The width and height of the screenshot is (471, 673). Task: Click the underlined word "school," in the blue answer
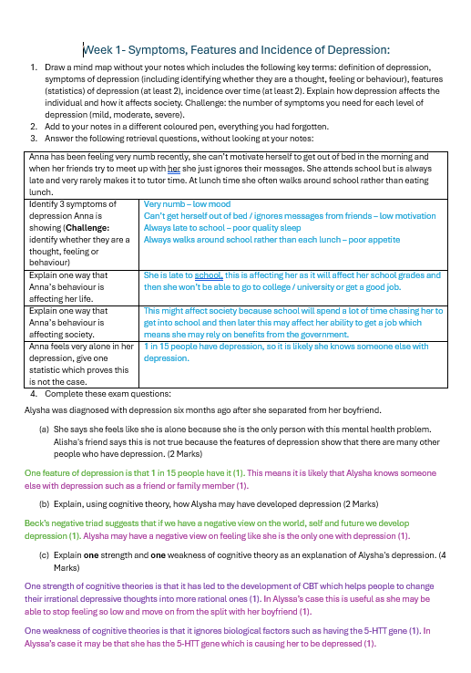tap(209, 274)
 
